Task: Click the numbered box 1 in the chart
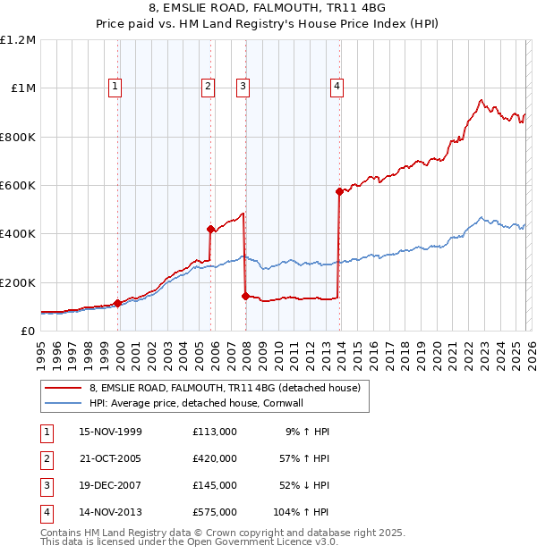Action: [x=116, y=87]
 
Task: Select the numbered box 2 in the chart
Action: [x=208, y=87]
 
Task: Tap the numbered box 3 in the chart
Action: [x=243, y=87]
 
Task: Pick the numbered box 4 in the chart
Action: [x=337, y=87]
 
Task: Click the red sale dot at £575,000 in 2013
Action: [x=339, y=191]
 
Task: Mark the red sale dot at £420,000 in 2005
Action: [x=211, y=229]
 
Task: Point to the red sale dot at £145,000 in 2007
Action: [x=245, y=296]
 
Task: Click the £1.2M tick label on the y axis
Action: [x=18, y=40]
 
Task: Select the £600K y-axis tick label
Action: [x=18, y=186]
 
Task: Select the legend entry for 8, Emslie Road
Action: [x=224, y=388]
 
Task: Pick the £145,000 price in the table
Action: [x=214, y=485]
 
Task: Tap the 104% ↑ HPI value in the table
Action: [x=301, y=512]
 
